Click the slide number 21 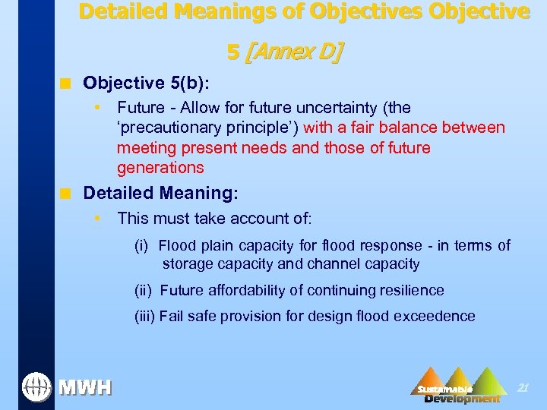(522, 387)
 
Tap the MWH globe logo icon (36, 387)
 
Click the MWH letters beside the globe (85, 388)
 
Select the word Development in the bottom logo (462, 399)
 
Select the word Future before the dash (140, 108)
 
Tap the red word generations (160, 167)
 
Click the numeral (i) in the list (141, 245)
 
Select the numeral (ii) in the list (143, 290)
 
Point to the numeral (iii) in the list (144, 316)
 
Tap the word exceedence (437, 316)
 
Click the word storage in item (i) (185, 264)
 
